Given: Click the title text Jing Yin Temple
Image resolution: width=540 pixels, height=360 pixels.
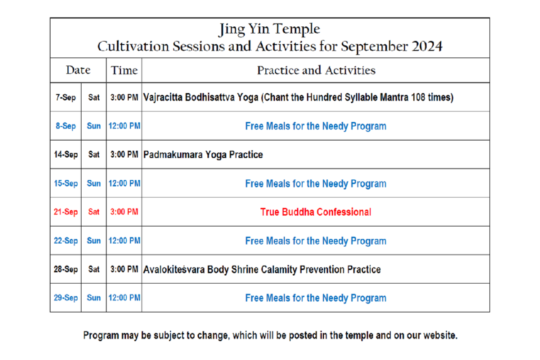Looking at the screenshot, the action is click(x=269, y=29).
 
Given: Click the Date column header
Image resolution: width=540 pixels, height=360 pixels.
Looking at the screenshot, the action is click(x=78, y=70).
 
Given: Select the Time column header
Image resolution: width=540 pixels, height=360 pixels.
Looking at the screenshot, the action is click(x=124, y=70).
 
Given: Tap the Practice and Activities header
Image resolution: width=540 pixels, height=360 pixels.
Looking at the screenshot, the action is click(x=316, y=70).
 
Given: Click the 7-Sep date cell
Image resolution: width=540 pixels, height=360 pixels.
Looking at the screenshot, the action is click(x=65, y=98).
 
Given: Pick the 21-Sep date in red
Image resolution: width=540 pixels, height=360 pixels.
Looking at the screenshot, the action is click(x=65, y=212).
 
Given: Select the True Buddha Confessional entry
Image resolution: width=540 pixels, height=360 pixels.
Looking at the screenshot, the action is click(x=316, y=212).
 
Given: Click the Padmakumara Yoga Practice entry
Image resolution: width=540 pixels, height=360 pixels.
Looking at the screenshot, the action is click(x=203, y=154).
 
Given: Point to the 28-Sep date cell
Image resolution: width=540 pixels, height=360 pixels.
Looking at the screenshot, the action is click(x=65, y=269).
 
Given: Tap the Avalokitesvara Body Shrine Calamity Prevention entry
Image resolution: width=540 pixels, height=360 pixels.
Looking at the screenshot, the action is click(x=262, y=269).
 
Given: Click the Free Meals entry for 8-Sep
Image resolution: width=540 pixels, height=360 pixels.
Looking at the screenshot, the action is click(x=316, y=126).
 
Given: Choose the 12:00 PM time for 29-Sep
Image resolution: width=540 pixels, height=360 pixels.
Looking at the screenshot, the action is click(x=124, y=298).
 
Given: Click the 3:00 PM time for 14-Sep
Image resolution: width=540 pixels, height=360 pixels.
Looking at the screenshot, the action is click(x=124, y=154).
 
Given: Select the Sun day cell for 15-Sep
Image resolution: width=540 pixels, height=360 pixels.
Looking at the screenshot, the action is click(x=94, y=183).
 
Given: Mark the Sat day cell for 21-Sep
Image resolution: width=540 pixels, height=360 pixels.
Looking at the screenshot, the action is click(x=94, y=212).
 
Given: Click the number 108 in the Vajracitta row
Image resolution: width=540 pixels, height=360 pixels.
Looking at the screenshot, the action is click(x=418, y=98).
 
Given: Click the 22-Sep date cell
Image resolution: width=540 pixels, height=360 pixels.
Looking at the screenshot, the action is click(x=65, y=240).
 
